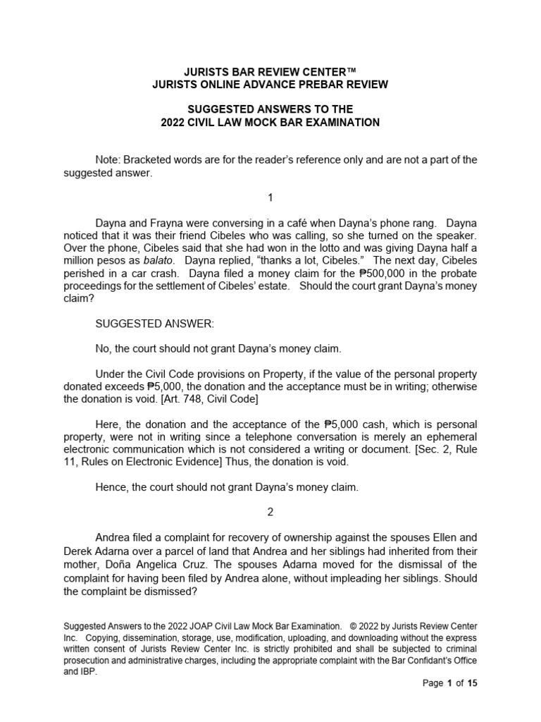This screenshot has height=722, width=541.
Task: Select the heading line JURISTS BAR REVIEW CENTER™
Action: click(270, 71)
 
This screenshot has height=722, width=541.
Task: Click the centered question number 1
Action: click(270, 197)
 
